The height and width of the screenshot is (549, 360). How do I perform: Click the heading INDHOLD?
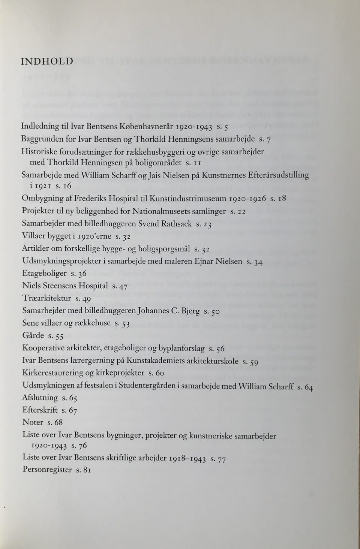click(x=47, y=61)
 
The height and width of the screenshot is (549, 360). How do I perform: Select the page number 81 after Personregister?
click(x=87, y=470)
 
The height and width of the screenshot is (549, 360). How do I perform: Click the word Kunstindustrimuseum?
click(x=187, y=198)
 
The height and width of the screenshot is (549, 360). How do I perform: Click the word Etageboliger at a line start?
click(x=44, y=274)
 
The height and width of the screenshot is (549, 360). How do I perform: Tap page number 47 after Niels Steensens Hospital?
click(x=123, y=287)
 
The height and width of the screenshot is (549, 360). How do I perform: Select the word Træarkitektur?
click(x=46, y=298)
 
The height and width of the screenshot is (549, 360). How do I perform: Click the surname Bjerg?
click(x=190, y=311)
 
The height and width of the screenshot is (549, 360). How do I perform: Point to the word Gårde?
click(x=33, y=335)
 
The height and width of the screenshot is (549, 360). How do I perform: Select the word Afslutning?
click(x=40, y=398)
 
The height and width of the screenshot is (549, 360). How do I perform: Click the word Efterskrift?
click(x=40, y=410)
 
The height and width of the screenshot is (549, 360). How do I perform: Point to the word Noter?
click(x=33, y=422)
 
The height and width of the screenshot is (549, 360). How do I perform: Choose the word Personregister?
click(x=47, y=470)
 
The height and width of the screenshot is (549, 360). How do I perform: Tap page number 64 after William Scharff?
click(x=308, y=387)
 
